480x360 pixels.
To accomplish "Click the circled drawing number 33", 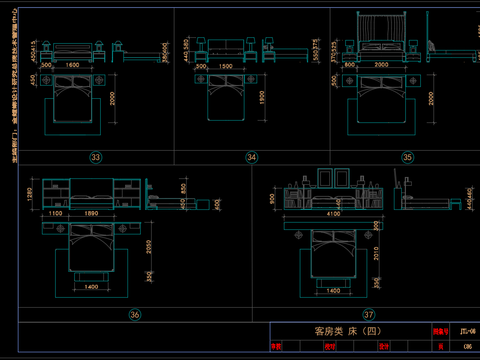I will (x=96, y=157).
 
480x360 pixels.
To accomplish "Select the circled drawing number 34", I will (x=252, y=157).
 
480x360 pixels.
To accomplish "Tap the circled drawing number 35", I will (x=407, y=157).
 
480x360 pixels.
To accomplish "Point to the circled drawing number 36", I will (x=136, y=314).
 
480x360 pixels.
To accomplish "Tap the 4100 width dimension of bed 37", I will (x=332, y=214).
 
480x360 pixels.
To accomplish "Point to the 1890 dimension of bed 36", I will (x=92, y=213).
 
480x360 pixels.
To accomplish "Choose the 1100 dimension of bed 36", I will (x=54, y=213).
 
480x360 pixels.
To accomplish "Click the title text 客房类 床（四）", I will (x=335, y=331).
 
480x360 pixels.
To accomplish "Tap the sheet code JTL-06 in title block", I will (x=466, y=329).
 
